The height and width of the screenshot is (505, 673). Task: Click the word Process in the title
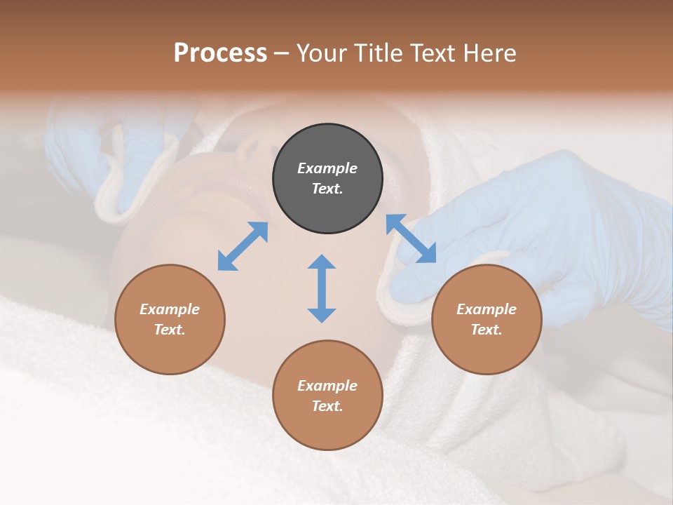point(220,53)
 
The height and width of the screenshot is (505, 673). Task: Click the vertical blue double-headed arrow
point(322,288)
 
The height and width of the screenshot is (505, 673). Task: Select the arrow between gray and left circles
point(243,246)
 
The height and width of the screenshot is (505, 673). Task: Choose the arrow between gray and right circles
point(412,238)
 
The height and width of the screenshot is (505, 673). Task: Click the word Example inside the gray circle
point(327,168)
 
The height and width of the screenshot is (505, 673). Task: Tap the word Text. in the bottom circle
point(327,406)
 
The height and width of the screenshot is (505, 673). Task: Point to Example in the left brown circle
point(170,309)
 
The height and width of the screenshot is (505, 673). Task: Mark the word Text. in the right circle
point(487,330)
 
